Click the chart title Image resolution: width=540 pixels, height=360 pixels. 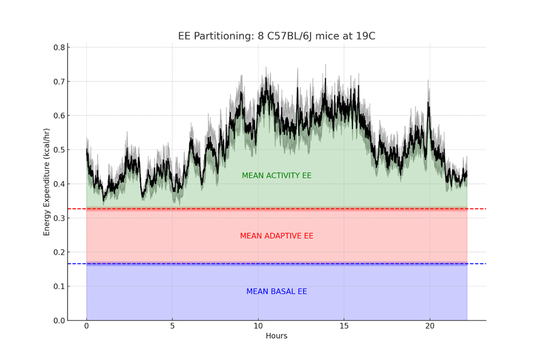click(x=276, y=37)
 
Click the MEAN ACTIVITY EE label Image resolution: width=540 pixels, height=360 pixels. click(x=276, y=176)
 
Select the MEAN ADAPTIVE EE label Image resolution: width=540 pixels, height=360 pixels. click(x=276, y=236)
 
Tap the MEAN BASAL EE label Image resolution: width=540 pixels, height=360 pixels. click(x=276, y=292)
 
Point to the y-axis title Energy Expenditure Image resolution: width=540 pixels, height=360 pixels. click(x=47, y=182)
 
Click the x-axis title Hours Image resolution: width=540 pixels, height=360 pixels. click(x=276, y=336)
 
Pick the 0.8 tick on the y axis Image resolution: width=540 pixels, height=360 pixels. click(x=58, y=48)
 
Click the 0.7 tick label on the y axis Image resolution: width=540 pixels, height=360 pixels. click(x=58, y=81)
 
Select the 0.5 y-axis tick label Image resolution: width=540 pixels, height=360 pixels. click(x=58, y=150)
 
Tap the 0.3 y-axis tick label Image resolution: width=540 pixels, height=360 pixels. click(x=58, y=218)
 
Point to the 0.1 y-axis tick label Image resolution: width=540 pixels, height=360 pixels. click(x=58, y=286)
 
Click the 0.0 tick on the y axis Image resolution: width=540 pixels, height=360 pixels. click(x=58, y=321)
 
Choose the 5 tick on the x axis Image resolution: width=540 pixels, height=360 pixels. click(x=172, y=327)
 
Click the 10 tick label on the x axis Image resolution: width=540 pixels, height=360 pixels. click(x=258, y=327)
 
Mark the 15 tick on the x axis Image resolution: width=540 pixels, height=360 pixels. click(x=343, y=327)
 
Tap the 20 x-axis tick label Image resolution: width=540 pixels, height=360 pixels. click(x=429, y=327)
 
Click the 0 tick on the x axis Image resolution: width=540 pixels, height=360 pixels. click(x=86, y=327)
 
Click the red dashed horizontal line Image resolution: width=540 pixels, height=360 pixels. click(x=476, y=209)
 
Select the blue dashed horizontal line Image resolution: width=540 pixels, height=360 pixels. click(x=476, y=264)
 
